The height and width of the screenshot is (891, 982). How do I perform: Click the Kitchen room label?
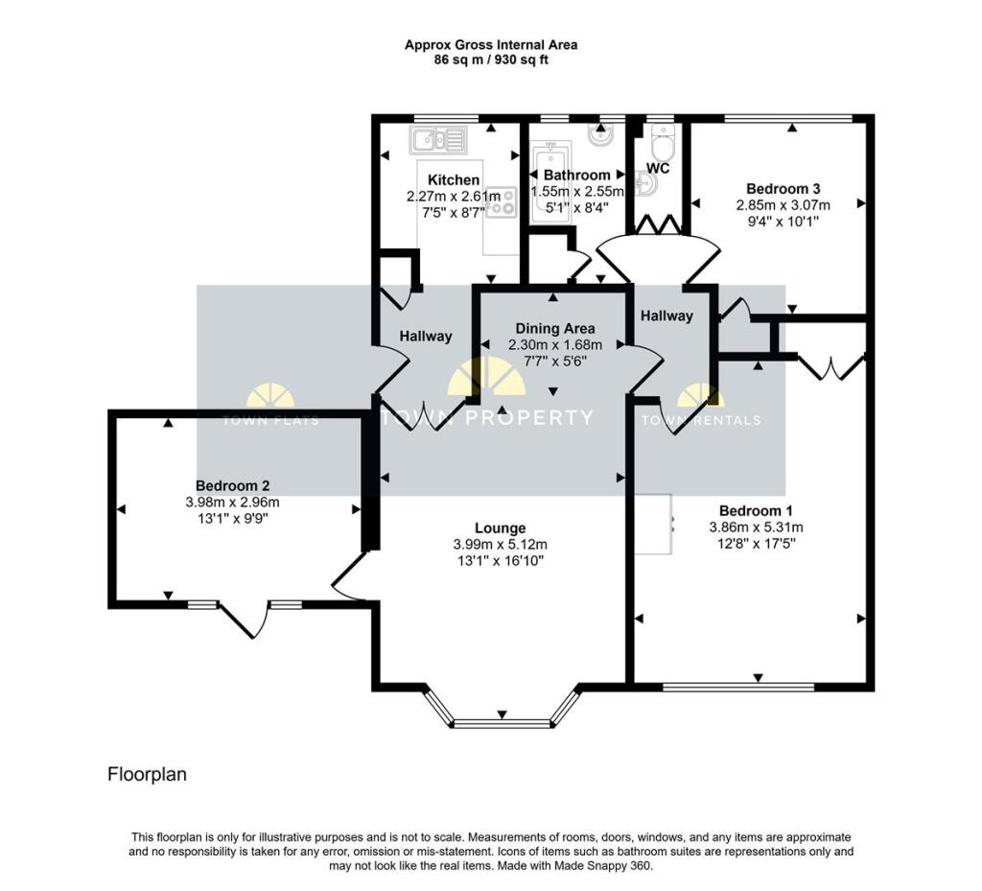(x=454, y=180)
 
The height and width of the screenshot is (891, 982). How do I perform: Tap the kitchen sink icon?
(x=438, y=141)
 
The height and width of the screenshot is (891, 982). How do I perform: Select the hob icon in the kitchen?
(x=502, y=202)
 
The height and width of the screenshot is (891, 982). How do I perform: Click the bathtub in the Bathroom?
(x=549, y=182)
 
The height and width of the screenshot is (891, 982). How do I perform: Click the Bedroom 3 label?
(x=783, y=189)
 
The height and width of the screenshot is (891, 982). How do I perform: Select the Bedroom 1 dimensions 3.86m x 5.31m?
(x=756, y=528)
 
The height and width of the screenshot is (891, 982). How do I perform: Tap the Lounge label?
(x=500, y=528)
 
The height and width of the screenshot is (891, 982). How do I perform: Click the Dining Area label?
(x=554, y=328)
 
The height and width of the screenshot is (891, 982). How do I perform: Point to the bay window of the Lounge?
(x=501, y=722)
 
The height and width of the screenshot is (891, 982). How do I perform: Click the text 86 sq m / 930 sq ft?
(x=490, y=59)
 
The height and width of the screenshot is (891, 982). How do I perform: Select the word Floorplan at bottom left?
(x=147, y=774)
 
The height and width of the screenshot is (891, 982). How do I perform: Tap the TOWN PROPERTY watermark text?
(x=488, y=417)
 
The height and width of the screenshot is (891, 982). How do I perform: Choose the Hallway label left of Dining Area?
(x=426, y=336)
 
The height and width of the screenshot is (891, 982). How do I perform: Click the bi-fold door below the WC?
(x=658, y=226)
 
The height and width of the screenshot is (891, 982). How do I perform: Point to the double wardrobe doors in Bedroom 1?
(x=830, y=367)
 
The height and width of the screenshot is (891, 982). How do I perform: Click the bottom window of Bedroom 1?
(x=738, y=687)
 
